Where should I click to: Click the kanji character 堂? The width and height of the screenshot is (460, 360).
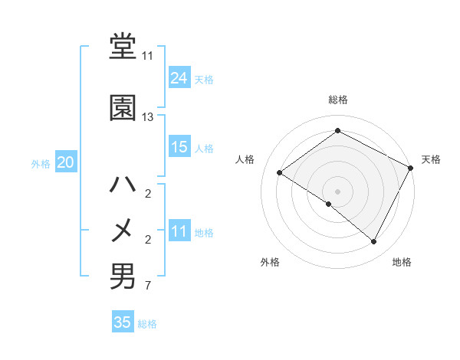coord(123,48)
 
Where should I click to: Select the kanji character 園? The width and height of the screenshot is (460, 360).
coord(123,108)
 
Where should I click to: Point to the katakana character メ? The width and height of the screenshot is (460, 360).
coord(123,231)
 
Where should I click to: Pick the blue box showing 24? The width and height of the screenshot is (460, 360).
coord(179,78)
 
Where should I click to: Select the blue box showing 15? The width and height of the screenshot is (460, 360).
coord(179,147)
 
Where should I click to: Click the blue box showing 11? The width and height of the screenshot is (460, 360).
coord(179,231)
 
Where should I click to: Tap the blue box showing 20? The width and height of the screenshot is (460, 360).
coord(66,162)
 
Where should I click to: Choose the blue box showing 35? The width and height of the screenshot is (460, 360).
coord(123,322)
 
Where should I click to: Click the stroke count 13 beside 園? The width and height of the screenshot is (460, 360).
coord(148,117)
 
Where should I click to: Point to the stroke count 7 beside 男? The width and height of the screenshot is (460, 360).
coord(148,286)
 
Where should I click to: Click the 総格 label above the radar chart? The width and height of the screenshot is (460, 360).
coord(337,100)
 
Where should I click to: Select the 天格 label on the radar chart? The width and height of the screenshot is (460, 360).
coord(431,159)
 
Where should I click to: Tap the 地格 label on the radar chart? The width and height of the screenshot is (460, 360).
coord(402,262)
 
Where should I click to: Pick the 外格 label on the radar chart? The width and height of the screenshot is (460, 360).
coord(270,262)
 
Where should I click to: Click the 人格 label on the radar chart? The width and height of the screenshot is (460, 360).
coord(245,159)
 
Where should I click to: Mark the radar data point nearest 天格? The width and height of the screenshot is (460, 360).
coord(411,168)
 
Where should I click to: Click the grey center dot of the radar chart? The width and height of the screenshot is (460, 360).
coord(337,191)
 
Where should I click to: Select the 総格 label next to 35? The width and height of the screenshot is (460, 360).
coord(147,323)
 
